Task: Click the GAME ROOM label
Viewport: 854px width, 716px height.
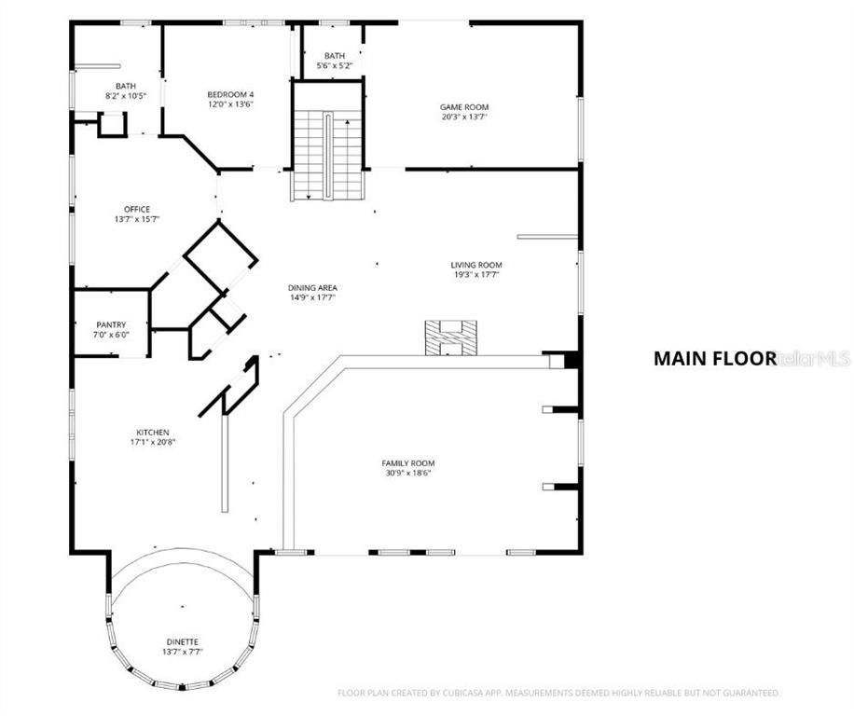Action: pos(463,107)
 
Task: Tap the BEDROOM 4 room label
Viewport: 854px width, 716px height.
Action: pos(230,94)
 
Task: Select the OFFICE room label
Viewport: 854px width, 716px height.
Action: pos(137,209)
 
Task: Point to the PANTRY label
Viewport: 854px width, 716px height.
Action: pos(111,324)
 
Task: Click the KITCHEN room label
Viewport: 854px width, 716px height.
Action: pos(153,432)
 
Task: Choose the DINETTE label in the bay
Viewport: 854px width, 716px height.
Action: pos(182,641)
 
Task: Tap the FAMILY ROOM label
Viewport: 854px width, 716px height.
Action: pos(407,462)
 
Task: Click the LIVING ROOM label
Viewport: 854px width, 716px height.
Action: pos(476,265)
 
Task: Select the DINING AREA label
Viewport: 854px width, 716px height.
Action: pos(312,287)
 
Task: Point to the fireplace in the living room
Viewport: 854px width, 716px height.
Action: pos(450,337)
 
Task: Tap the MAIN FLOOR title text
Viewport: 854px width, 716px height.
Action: pos(714,358)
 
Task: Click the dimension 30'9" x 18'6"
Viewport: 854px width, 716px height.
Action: pos(407,473)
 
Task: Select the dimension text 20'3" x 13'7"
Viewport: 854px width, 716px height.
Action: pos(463,117)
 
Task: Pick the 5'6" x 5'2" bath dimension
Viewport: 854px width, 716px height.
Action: pos(335,66)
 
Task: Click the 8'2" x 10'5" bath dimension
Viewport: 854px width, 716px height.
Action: pos(125,96)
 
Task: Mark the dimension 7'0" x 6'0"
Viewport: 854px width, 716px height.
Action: pos(111,335)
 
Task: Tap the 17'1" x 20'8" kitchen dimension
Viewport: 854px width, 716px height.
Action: pos(153,442)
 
